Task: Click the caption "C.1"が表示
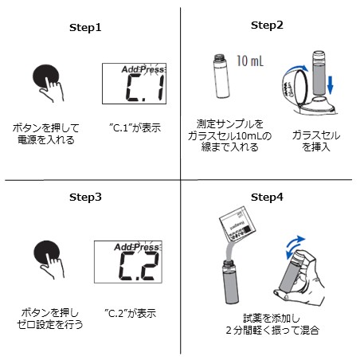click(135, 127)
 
